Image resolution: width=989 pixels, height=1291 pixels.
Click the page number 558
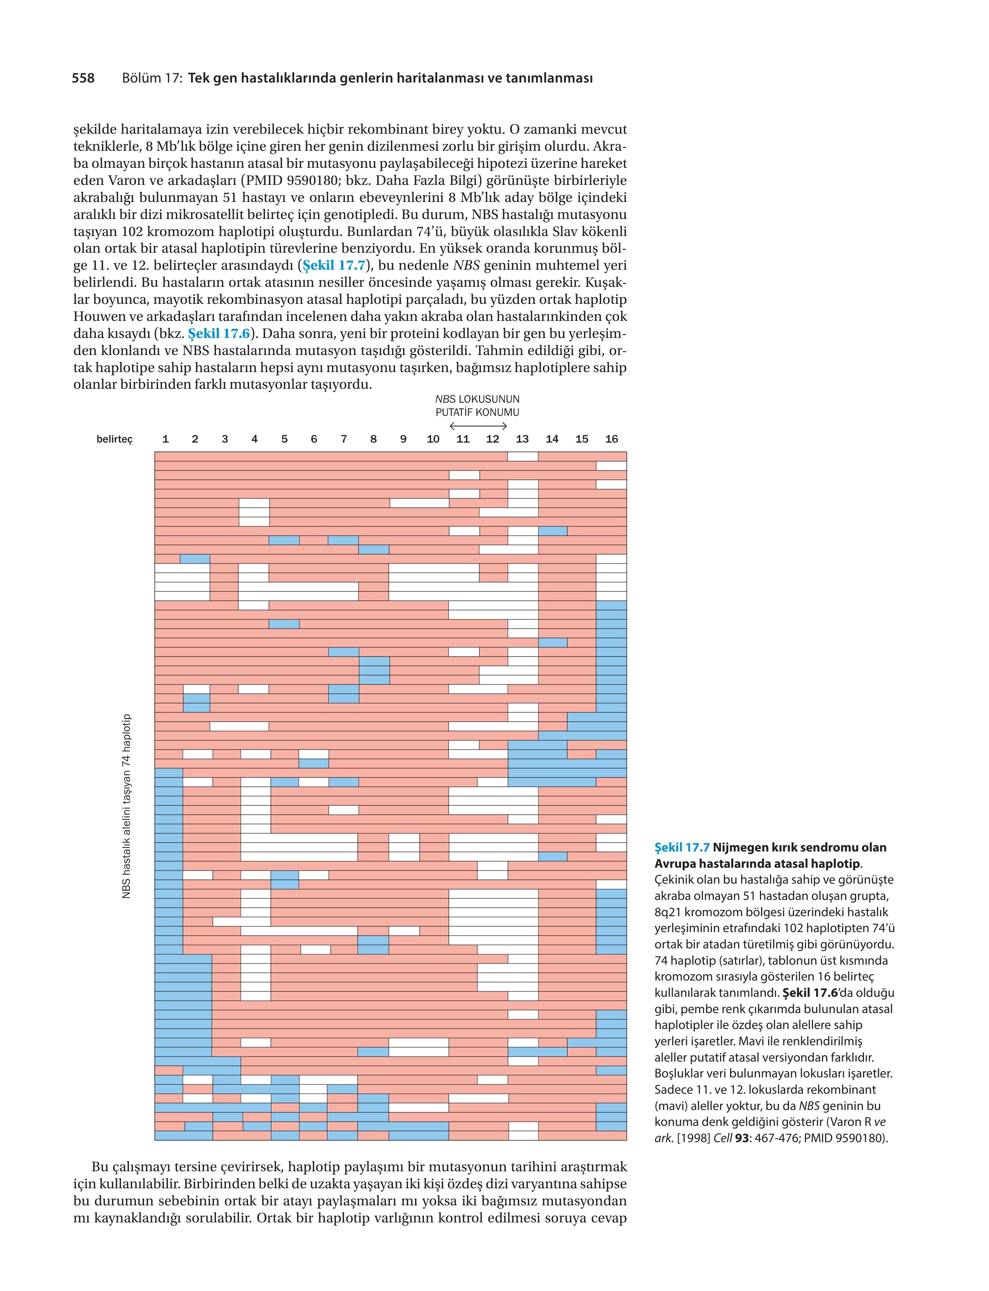(x=83, y=78)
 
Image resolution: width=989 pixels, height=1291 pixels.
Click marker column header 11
(x=463, y=439)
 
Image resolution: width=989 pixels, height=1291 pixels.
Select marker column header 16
(x=612, y=439)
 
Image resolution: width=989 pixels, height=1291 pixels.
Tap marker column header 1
(x=165, y=439)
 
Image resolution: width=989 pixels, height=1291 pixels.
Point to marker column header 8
(x=373, y=439)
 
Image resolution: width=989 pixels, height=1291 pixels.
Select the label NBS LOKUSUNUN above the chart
(x=477, y=399)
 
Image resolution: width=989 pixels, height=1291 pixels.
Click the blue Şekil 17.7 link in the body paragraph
(x=334, y=265)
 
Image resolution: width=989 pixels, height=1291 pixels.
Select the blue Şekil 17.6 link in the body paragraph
(x=219, y=334)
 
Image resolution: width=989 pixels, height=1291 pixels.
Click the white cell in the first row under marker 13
(x=523, y=456)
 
